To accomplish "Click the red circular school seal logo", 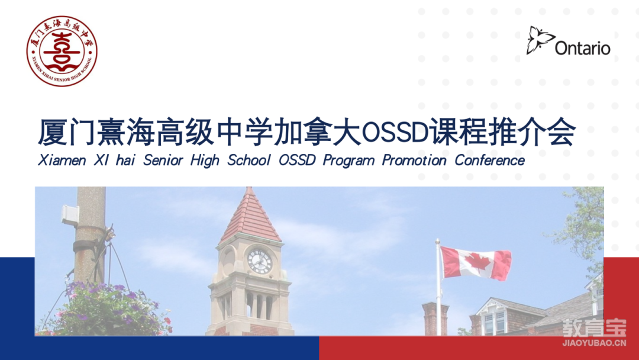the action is pyautogui.click(x=62, y=51).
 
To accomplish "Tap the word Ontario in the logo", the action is pyautogui.click(x=582, y=49).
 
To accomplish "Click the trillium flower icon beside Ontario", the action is pyautogui.click(x=540, y=40).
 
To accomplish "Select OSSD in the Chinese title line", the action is pyautogui.click(x=394, y=133).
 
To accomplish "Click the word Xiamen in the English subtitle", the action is pyautogui.click(x=62, y=160).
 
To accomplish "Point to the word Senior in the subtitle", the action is pyautogui.click(x=163, y=160).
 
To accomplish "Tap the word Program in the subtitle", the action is pyautogui.click(x=349, y=161).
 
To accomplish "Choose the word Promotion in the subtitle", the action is pyautogui.click(x=414, y=160).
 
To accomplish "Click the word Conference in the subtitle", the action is pyautogui.click(x=489, y=160).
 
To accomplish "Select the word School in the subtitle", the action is pyautogui.click(x=248, y=160).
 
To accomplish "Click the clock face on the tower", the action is pyautogui.click(x=260, y=261).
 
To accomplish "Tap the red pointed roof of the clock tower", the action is pyautogui.click(x=250, y=216).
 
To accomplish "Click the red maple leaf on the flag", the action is pyautogui.click(x=477, y=263).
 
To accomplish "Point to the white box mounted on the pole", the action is pyautogui.click(x=70, y=214).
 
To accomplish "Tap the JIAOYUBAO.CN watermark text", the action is pyautogui.click(x=594, y=343).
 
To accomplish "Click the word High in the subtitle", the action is pyautogui.click(x=205, y=161).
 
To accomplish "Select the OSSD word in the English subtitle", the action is pyautogui.click(x=297, y=160).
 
